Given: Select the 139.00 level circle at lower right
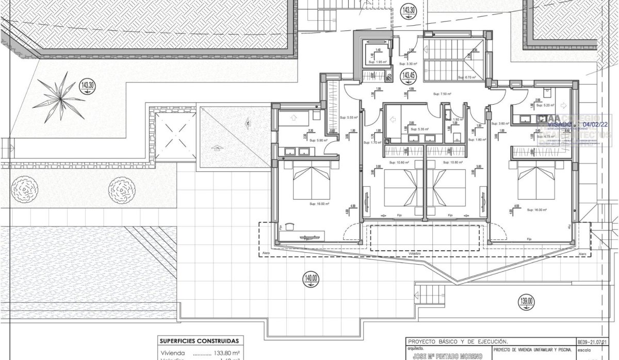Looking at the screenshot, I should (527, 301).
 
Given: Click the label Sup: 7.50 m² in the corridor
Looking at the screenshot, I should (442, 94).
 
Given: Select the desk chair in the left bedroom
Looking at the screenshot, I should (290, 226).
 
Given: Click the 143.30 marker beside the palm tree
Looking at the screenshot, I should (88, 85).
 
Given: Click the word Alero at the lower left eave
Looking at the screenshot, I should (266, 254).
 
